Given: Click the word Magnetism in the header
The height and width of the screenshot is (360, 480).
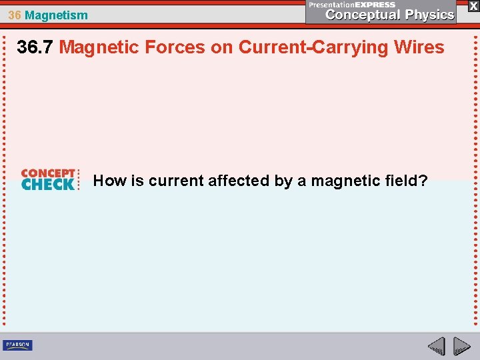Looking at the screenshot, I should pyautogui.click(x=56, y=15).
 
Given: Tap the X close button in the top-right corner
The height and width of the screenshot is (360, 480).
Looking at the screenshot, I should pyautogui.click(x=473, y=5).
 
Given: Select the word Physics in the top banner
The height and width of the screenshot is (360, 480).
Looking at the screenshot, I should pyautogui.click(x=428, y=15).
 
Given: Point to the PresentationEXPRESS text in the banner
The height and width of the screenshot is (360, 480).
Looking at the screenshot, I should pyautogui.click(x=351, y=4).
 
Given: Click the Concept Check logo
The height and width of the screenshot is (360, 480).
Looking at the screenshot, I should pyautogui.click(x=48, y=180).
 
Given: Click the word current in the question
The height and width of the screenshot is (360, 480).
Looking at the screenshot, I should pyautogui.click(x=176, y=181).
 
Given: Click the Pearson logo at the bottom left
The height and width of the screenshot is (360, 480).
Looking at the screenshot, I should pyautogui.click(x=18, y=345).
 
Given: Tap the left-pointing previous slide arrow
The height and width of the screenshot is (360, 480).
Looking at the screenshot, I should pyautogui.click(x=437, y=346).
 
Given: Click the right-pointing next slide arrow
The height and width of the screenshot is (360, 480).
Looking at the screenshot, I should pyautogui.click(x=461, y=346).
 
